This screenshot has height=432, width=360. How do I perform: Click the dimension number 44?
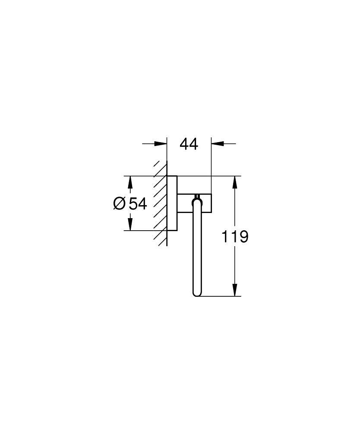click(189, 144)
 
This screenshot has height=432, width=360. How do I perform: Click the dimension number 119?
click(235, 237)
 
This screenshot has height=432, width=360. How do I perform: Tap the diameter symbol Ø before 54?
click(120, 203)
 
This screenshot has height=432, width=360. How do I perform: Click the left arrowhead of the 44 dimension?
click(161, 144)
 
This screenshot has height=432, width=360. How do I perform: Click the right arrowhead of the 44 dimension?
click(217, 144)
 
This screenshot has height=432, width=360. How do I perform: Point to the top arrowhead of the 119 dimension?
click(235, 182)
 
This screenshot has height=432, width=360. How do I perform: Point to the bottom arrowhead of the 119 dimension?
click(235, 290)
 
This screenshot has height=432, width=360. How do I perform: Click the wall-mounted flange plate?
click(172, 203)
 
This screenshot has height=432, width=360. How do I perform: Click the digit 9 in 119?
click(243, 237)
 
